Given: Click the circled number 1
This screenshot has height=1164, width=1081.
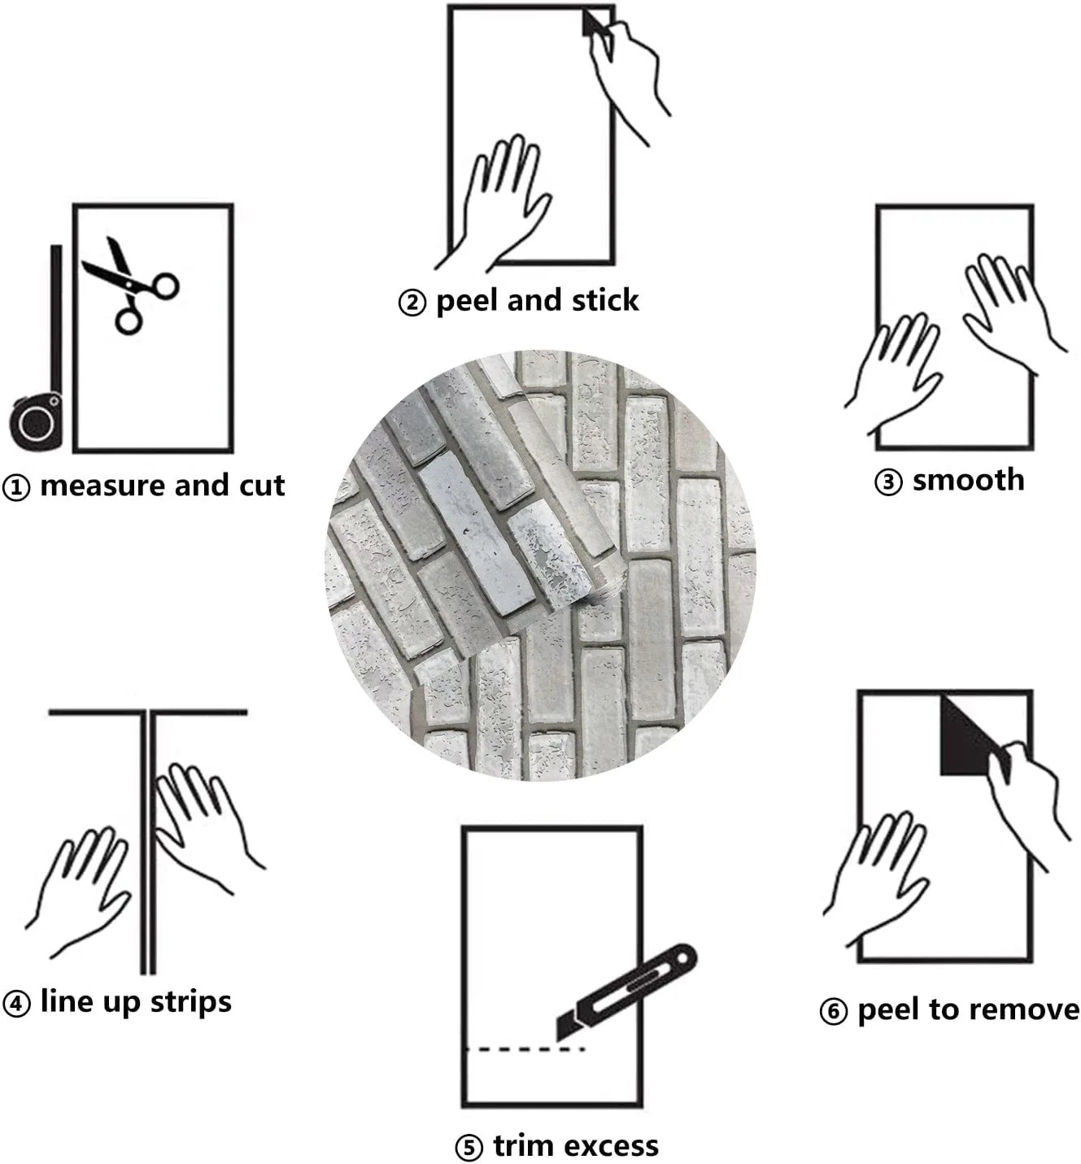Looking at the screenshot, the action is [x=16, y=487].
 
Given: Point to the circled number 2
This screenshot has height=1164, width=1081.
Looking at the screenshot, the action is [x=412, y=303].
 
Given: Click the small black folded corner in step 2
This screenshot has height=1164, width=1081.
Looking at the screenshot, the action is [x=593, y=24].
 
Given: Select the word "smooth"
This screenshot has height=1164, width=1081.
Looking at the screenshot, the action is [x=969, y=480].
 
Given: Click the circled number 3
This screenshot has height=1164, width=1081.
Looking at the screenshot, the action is [x=888, y=482].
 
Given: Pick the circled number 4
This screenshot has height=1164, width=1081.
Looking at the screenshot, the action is [x=16, y=1004].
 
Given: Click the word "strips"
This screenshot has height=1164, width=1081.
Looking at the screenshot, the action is [x=191, y=1001].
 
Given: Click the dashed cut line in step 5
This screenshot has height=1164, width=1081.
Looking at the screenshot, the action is [x=525, y=1049].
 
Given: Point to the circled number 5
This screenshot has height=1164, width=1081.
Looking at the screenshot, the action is [x=469, y=1148].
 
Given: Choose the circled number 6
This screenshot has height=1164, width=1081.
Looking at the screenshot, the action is [x=833, y=1012].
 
